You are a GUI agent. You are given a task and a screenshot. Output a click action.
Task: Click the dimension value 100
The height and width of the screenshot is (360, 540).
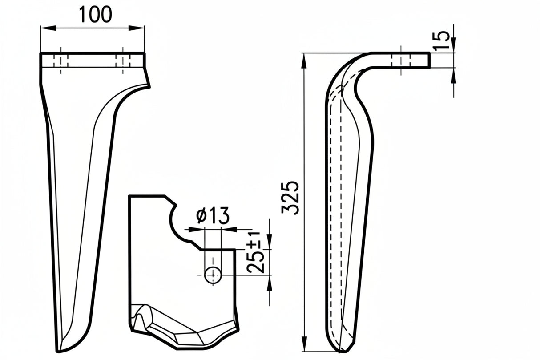[x=95, y=14]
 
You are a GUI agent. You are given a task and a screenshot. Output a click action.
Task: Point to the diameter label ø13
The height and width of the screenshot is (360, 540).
[x=213, y=216]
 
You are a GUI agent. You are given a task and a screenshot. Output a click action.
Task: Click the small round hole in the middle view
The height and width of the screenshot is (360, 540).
[x=213, y=275]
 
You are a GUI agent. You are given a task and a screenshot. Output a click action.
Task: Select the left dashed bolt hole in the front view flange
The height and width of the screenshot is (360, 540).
[x=57, y=60]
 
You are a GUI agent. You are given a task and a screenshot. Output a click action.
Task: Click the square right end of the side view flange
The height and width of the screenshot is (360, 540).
[x=429, y=60]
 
